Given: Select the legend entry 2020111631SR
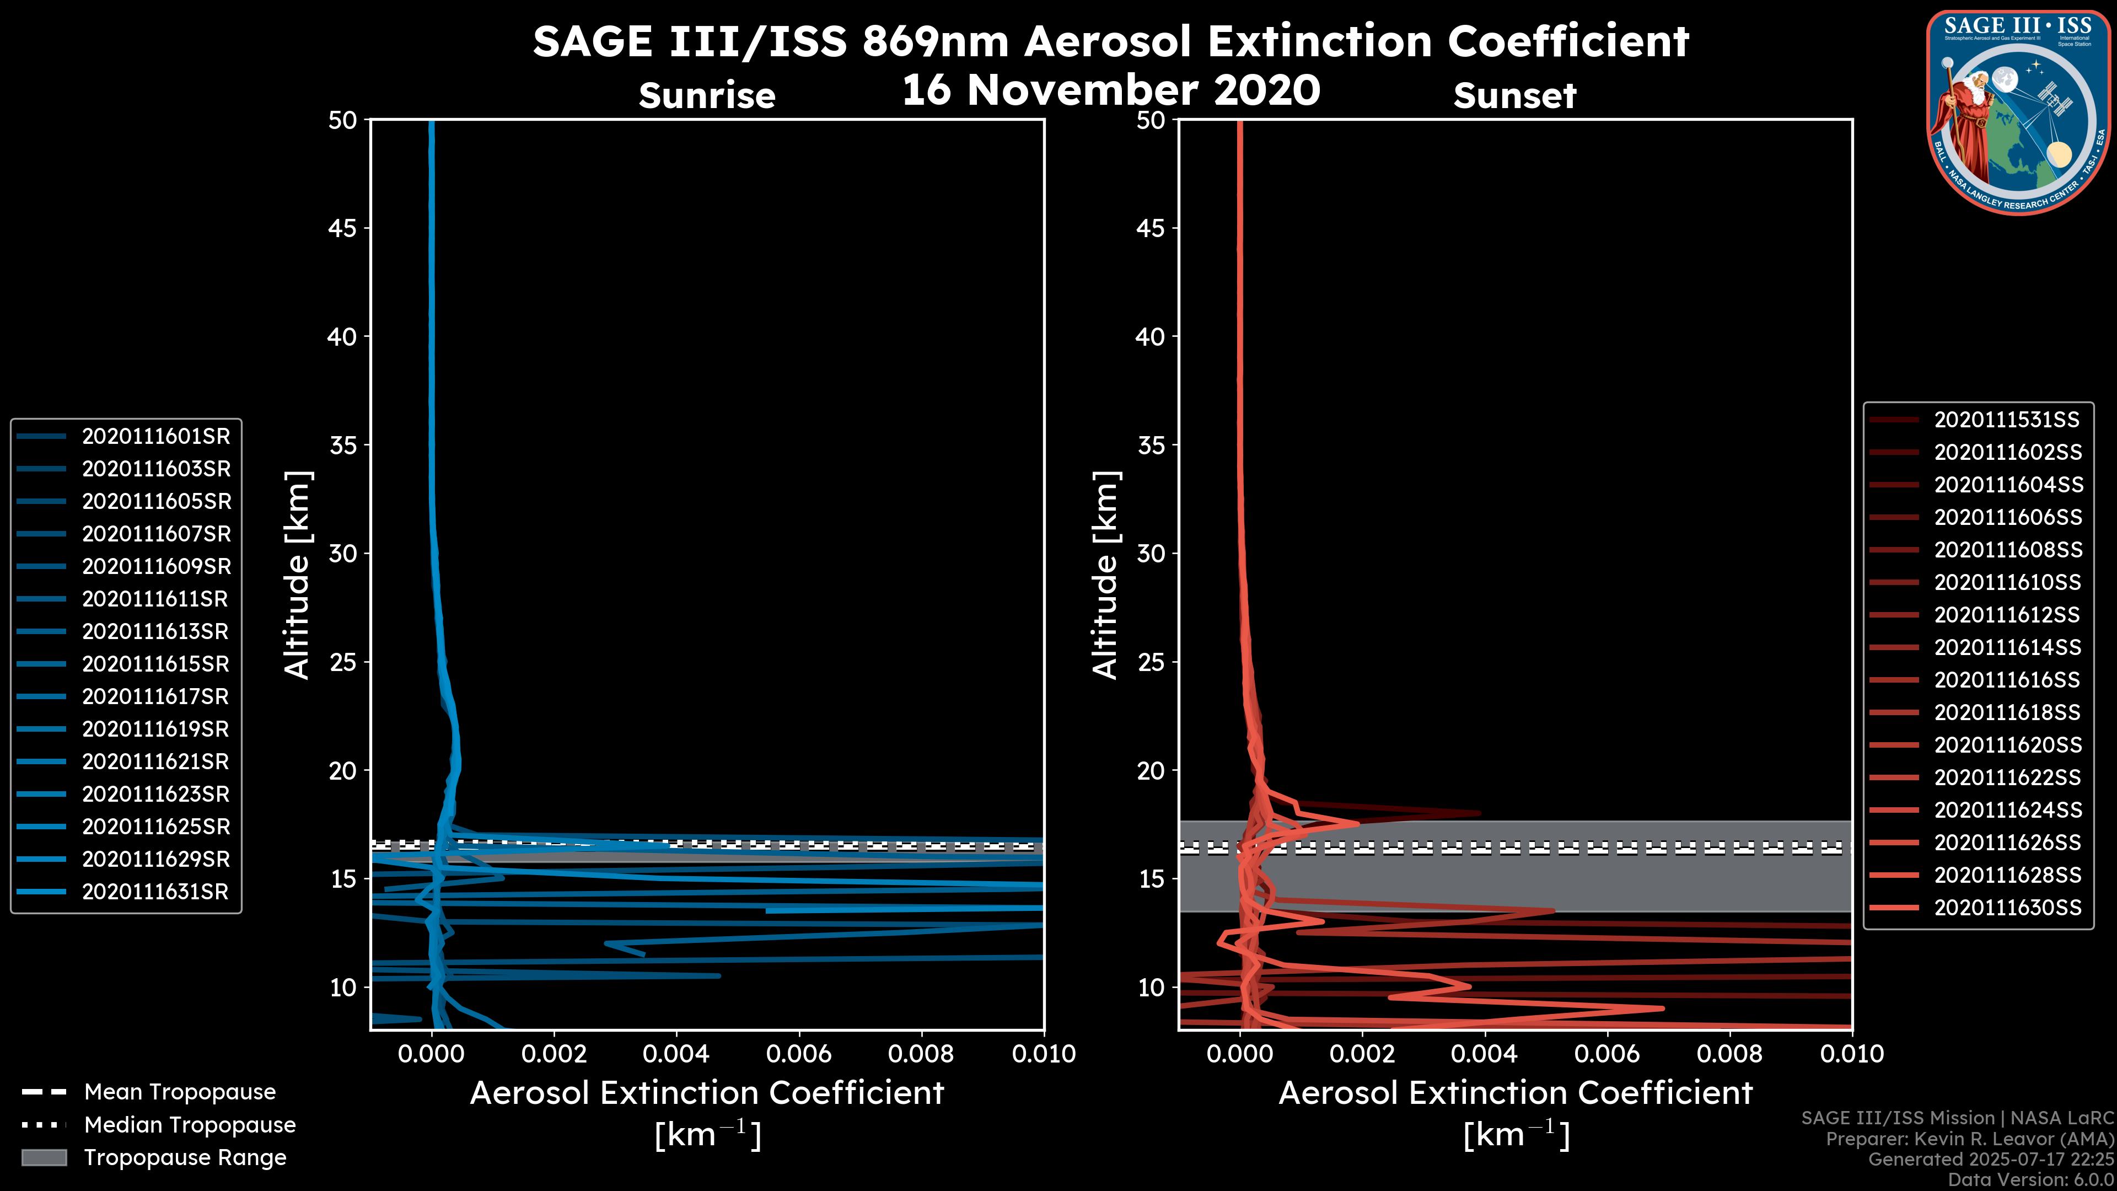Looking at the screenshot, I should (x=155, y=892).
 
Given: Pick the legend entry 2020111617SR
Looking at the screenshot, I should (x=155, y=697).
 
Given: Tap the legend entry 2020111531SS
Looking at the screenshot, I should (x=2006, y=420).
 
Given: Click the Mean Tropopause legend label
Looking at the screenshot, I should (x=180, y=1092).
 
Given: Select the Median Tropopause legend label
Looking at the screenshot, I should (x=190, y=1124).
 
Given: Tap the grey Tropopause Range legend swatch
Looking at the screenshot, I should (x=44, y=1157).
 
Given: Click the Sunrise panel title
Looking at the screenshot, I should (x=707, y=96).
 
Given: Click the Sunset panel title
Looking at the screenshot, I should (x=1514, y=96).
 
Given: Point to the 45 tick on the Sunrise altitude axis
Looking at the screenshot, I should (x=343, y=228).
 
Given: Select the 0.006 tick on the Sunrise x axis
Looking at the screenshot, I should (x=799, y=1054).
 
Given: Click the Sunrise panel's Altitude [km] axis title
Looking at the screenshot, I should (x=297, y=575).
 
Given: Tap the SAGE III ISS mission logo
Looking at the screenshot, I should (x=2016, y=112).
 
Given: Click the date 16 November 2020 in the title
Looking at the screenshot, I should (x=1110, y=90).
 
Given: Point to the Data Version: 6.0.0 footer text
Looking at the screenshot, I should (x=2032, y=1179).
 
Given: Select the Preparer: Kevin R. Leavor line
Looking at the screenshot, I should (x=1969, y=1139).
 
